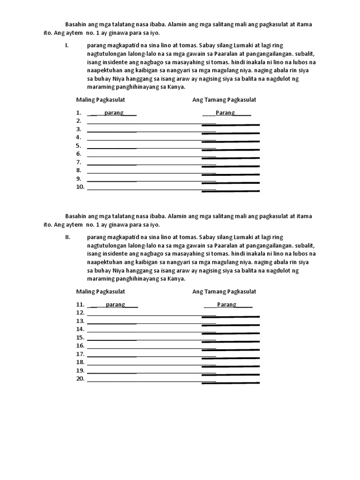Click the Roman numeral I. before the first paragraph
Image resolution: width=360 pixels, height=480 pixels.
[x=67, y=45]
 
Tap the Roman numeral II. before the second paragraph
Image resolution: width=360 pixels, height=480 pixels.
[x=67, y=237]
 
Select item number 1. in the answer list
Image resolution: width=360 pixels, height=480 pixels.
[x=79, y=113]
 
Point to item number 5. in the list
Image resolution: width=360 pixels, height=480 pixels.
[x=79, y=146]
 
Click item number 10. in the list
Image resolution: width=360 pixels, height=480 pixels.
[x=80, y=187]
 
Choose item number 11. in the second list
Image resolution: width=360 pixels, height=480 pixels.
[x=80, y=305]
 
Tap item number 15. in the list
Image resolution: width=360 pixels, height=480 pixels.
[x=80, y=337]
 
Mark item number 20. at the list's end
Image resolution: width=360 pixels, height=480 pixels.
[x=80, y=379]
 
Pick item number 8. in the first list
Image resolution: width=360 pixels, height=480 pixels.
[x=79, y=171]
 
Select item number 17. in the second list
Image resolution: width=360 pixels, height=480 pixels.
[x=80, y=354]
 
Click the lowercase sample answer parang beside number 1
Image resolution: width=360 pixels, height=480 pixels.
[x=114, y=113]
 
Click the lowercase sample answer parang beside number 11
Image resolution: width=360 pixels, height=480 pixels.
[x=115, y=305]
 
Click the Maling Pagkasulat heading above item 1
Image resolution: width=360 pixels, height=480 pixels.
[x=100, y=100]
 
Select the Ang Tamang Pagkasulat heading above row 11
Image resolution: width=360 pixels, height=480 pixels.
[x=224, y=292]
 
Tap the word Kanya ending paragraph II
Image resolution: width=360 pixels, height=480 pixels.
[x=176, y=278]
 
